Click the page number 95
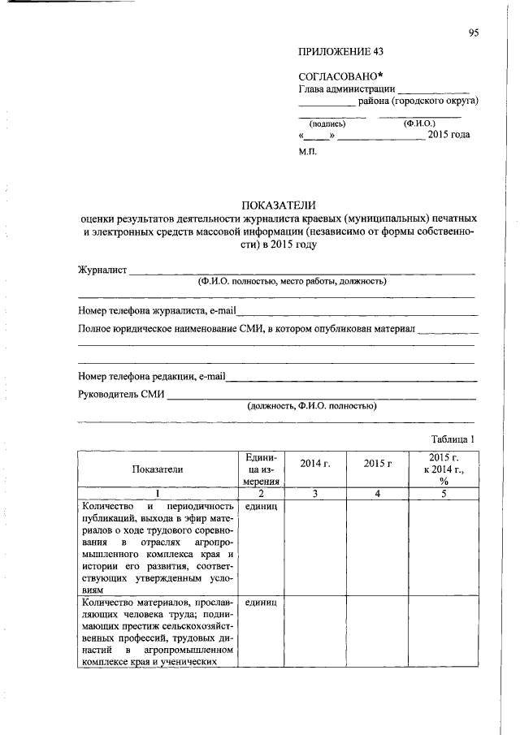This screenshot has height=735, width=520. (x=474, y=32)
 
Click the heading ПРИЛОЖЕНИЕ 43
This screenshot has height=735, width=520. (x=340, y=51)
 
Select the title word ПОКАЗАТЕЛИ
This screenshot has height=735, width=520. (x=278, y=205)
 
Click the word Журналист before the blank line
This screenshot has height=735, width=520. (x=102, y=270)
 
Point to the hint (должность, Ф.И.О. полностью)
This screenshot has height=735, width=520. (x=312, y=405)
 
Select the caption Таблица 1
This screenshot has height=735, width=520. (x=452, y=439)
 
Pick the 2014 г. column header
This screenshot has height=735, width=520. (x=314, y=463)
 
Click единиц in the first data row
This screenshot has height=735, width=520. (x=261, y=507)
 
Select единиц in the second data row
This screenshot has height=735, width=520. (x=261, y=603)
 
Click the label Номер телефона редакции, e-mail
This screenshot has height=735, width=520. (x=152, y=376)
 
